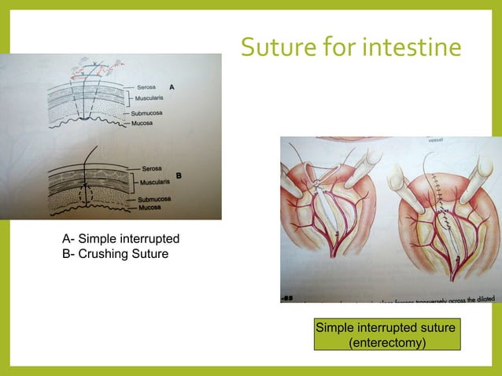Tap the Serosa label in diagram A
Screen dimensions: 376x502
(x=145, y=85)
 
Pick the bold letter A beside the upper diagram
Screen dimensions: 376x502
(x=172, y=87)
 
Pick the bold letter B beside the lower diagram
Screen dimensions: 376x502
(x=179, y=175)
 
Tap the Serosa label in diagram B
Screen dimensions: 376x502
(x=153, y=168)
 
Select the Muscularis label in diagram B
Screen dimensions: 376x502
(x=155, y=180)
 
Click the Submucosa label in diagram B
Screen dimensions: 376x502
(x=155, y=200)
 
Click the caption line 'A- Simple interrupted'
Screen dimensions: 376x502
(x=120, y=238)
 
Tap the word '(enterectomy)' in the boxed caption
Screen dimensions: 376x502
(x=386, y=343)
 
